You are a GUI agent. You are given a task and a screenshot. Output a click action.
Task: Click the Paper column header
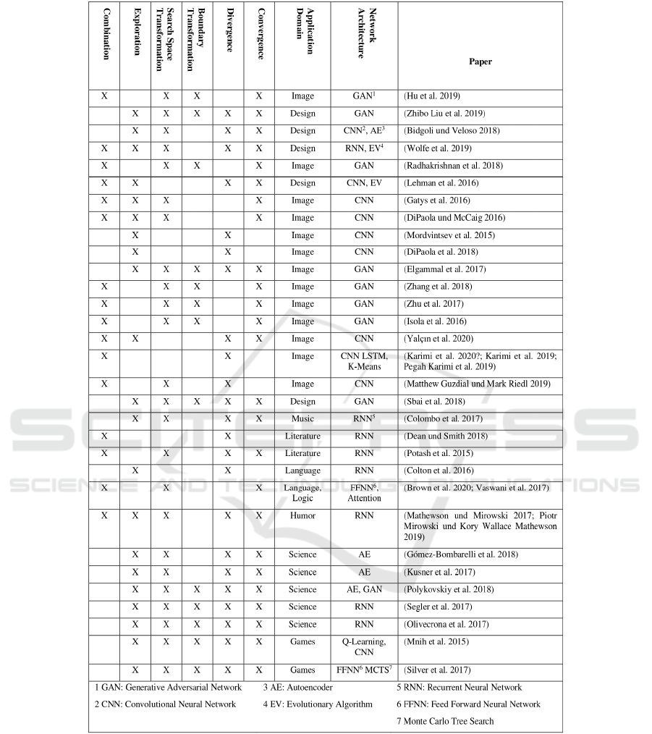tap(480, 62)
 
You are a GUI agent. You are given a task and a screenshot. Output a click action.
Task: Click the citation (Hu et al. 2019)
tap(431, 96)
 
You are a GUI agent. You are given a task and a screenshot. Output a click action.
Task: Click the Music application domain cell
tap(302, 419)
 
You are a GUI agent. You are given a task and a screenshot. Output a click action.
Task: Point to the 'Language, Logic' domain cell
tap(302, 493)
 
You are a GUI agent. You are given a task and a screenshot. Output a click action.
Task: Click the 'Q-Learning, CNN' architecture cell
tap(364, 646)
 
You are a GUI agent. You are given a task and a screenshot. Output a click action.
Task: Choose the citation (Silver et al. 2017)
tap(436, 670)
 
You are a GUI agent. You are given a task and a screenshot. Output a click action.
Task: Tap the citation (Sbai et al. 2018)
tap(433, 402)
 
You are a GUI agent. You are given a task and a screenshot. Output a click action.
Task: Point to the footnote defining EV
tap(318, 704)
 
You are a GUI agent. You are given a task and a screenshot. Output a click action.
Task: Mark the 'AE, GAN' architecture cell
tap(364, 589)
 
